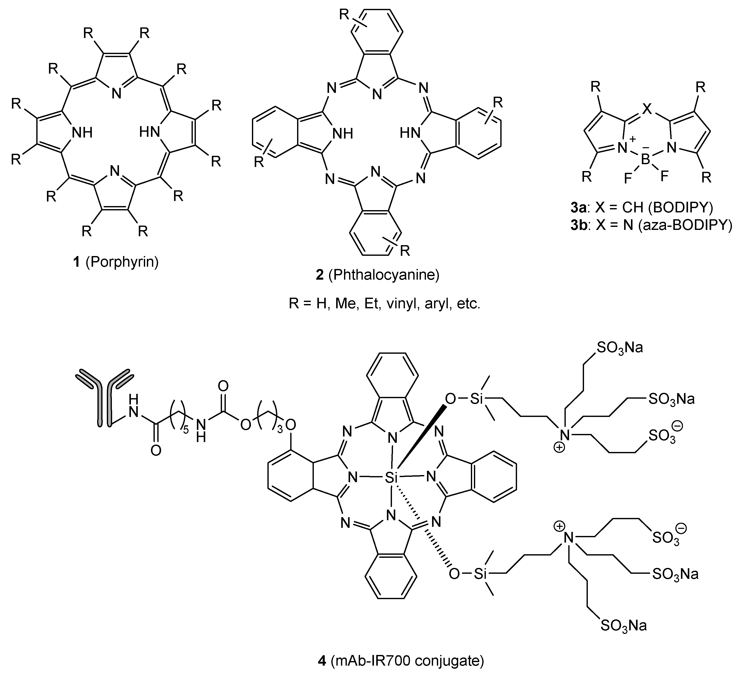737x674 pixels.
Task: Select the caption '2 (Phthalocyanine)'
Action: pyautogui.click(x=377, y=275)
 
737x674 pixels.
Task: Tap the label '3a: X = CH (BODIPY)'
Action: pyautogui.click(x=642, y=207)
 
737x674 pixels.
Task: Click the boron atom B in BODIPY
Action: pyautogui.click(x=646, y=159)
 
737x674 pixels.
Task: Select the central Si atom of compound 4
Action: pyautogui.click(x=391, y=477)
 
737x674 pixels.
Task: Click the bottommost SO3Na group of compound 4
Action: pyautogui.click(x=623, y=626)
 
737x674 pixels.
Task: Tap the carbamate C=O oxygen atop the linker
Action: pyautogui.click(x=223, y=385)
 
